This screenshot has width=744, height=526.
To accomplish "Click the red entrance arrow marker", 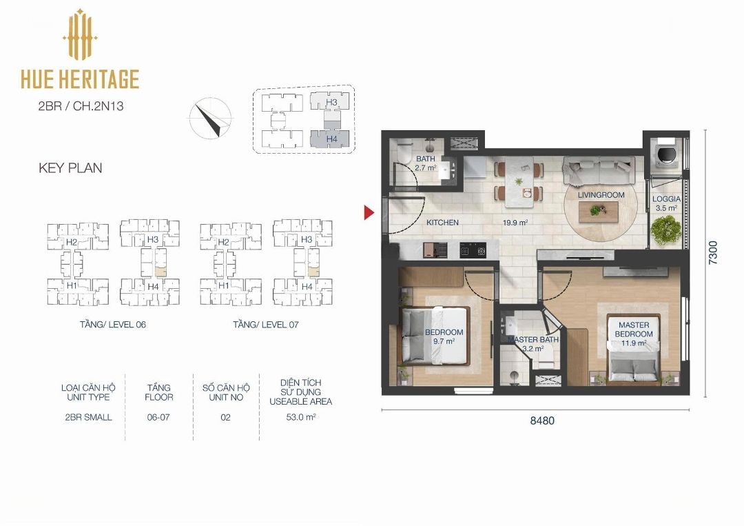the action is pos(369,213).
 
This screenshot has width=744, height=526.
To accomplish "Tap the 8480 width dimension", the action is pos(542,421).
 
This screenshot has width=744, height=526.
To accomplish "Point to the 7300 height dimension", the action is pos(713,252).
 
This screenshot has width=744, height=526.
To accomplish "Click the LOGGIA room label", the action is pos(666,199).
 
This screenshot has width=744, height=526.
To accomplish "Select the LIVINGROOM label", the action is pos(601,195).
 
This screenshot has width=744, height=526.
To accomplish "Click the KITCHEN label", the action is pos(442,222).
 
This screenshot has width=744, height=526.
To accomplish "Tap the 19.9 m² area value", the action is pos(515,222).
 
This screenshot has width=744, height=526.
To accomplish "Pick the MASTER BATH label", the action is pos(533,339).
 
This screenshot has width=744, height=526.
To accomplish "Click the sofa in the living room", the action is pos(599,172).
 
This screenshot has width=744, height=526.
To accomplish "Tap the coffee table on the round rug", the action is pos(599,212).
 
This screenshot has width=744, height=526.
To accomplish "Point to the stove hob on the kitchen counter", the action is pos(473,250).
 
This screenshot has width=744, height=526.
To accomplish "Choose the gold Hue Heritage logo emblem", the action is pos(80,34).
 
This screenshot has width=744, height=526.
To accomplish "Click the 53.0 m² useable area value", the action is pos(301,417).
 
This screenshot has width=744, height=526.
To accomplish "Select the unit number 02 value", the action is pos(225,417).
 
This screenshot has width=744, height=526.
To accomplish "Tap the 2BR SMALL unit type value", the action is pos(88,417).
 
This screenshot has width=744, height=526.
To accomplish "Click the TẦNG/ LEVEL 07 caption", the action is pos(266,325).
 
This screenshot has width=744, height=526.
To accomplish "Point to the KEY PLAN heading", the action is pos(70,168).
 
